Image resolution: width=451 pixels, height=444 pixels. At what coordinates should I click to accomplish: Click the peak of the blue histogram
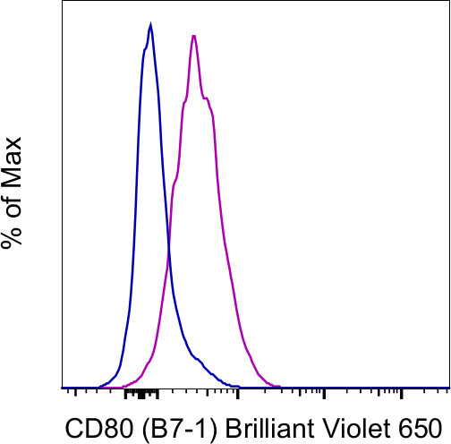150,25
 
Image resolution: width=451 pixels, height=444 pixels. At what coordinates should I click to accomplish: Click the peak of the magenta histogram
193,36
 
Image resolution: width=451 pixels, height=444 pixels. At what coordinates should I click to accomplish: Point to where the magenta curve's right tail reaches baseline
279,386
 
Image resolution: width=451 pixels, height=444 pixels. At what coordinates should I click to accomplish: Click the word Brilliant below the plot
252,426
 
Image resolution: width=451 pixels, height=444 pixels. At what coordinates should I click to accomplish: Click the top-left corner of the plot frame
62,2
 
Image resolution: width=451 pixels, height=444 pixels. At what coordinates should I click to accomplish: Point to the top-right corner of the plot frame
448,2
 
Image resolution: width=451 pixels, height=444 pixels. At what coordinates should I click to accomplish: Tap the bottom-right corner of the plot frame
448,388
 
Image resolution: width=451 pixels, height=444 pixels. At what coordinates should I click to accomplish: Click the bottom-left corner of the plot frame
62,388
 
